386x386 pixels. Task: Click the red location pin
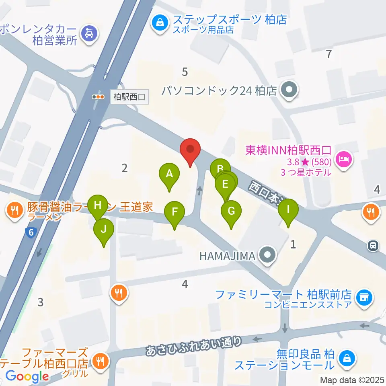tap(189, 150)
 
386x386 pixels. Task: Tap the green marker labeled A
tap(169, 175)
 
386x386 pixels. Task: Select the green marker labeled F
tap(175, 212)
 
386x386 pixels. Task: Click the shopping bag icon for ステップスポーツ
tap(160, 22)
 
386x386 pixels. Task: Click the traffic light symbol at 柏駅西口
tap(98, 96)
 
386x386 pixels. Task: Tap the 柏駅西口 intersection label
tap(129, 96)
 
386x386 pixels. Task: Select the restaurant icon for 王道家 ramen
tap(14, 209)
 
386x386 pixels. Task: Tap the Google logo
tap(27, 376)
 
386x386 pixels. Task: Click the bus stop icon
tap(374, 245)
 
